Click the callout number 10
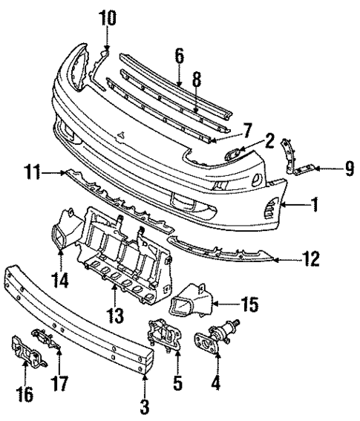(x=108, y=17)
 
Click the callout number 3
(x=144, y=406)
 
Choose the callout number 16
(x=24, y=394)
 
